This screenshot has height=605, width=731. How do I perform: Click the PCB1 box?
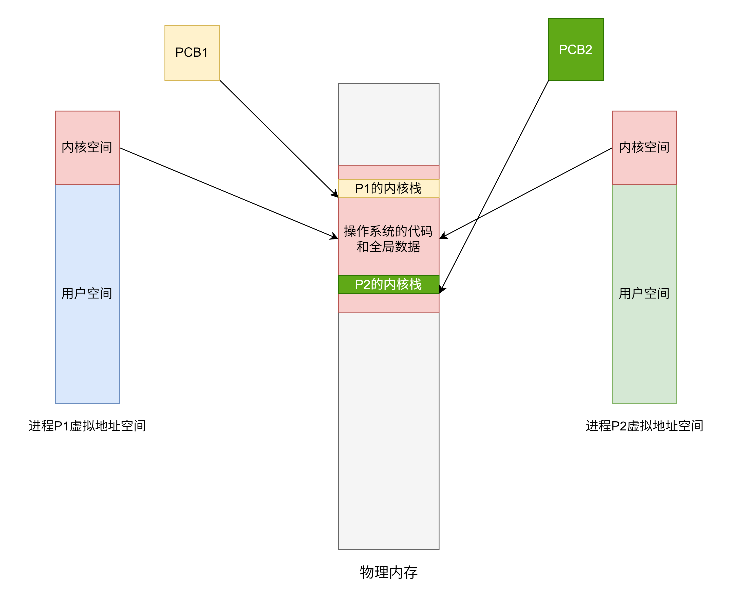pyautogui.click(x=192, y=53)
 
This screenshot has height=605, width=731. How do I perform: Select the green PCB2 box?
pyautogui.click(x=576, y=49)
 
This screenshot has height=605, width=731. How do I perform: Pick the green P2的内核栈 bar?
pyautogui.click(x=389, y=285)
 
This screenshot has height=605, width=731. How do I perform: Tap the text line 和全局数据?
pyautogui.click(x=389, y=247)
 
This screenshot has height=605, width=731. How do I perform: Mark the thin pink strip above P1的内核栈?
pyautogui.click(x=389, y=173)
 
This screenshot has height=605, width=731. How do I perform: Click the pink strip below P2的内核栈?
pyautogui.click(x=389, y=303)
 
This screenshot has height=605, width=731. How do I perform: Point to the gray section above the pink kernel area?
pyautogui.click(x=389, y=125)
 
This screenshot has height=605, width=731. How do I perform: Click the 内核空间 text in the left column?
pyautogui.click(x=87, y=147)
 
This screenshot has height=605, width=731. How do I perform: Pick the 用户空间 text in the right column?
pyautogui.click(x=644, y=293)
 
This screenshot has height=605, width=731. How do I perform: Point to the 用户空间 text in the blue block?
pyautogui.click(x=87, y=293)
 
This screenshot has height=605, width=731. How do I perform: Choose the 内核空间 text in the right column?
pyautogui.click(x=644, y=147)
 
